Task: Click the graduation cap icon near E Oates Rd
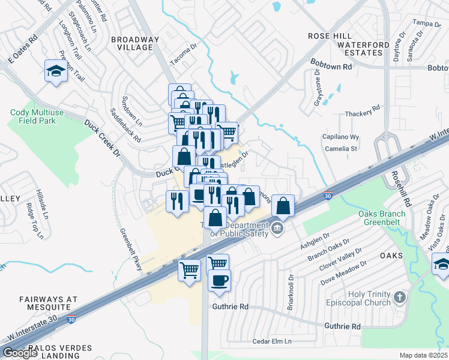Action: pos(56,71)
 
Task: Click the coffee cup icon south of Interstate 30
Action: pos(219,280)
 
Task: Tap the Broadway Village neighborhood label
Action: pos(135,43)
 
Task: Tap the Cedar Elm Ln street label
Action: pos(271,341)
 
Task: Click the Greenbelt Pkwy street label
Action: pos(131,250)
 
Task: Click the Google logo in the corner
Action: pos(20,353)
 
